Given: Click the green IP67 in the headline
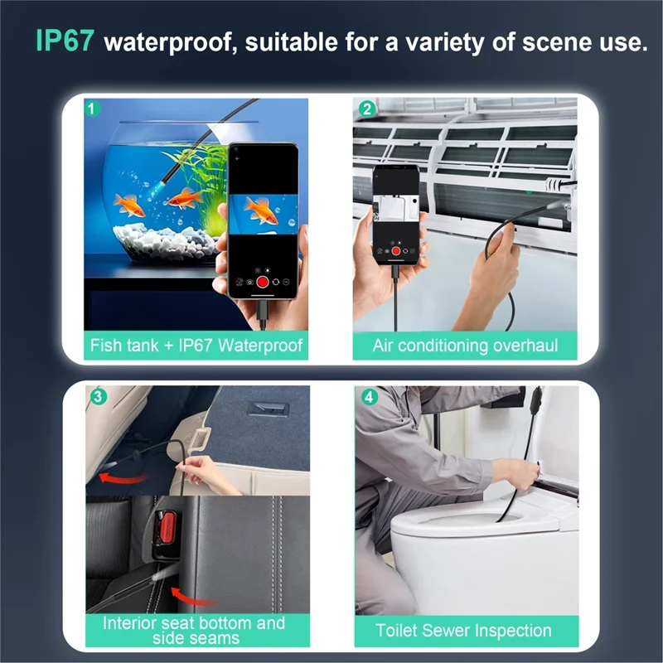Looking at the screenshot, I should point(63,41).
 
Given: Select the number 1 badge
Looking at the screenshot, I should point(95,108).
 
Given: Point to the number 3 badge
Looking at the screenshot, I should point(98,397).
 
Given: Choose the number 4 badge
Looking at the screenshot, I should point(370,397).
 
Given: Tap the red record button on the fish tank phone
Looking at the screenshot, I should point(263,281).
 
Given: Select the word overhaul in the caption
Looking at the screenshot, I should point(527,345).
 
